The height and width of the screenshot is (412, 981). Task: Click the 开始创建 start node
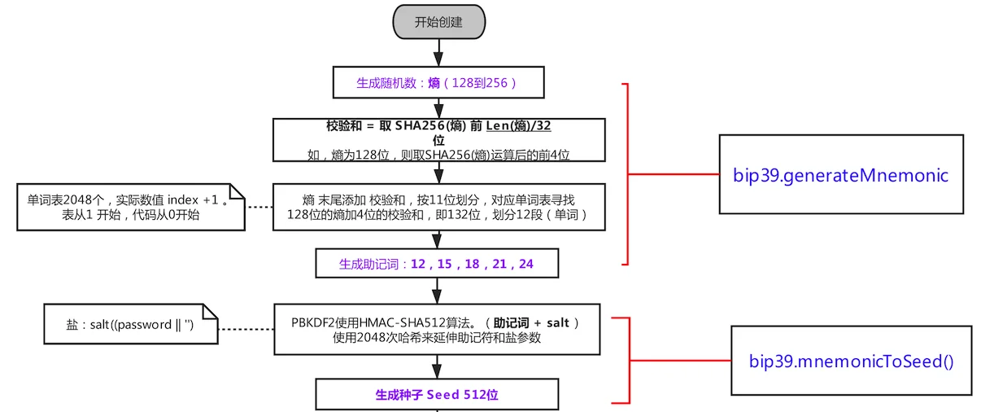(x=438, y=22)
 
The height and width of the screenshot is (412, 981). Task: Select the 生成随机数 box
(x=438, y=83)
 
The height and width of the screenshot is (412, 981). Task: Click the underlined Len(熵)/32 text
(x=521, y=126)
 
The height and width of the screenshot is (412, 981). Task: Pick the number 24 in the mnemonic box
(x=525, y=264)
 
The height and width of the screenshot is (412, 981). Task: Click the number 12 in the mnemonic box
(x=419, y=264)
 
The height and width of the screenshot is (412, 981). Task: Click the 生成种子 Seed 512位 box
(x=438, y=395)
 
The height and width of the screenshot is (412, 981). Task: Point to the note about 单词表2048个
(x=131, y=207)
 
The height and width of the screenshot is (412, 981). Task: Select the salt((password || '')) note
(x=131, y=324)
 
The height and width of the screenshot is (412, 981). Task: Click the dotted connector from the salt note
(x=246, y=329)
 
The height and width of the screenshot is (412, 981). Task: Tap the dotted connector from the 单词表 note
(x=259, y=207)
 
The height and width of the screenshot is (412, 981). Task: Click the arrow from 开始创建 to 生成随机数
(x=438, y=53)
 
